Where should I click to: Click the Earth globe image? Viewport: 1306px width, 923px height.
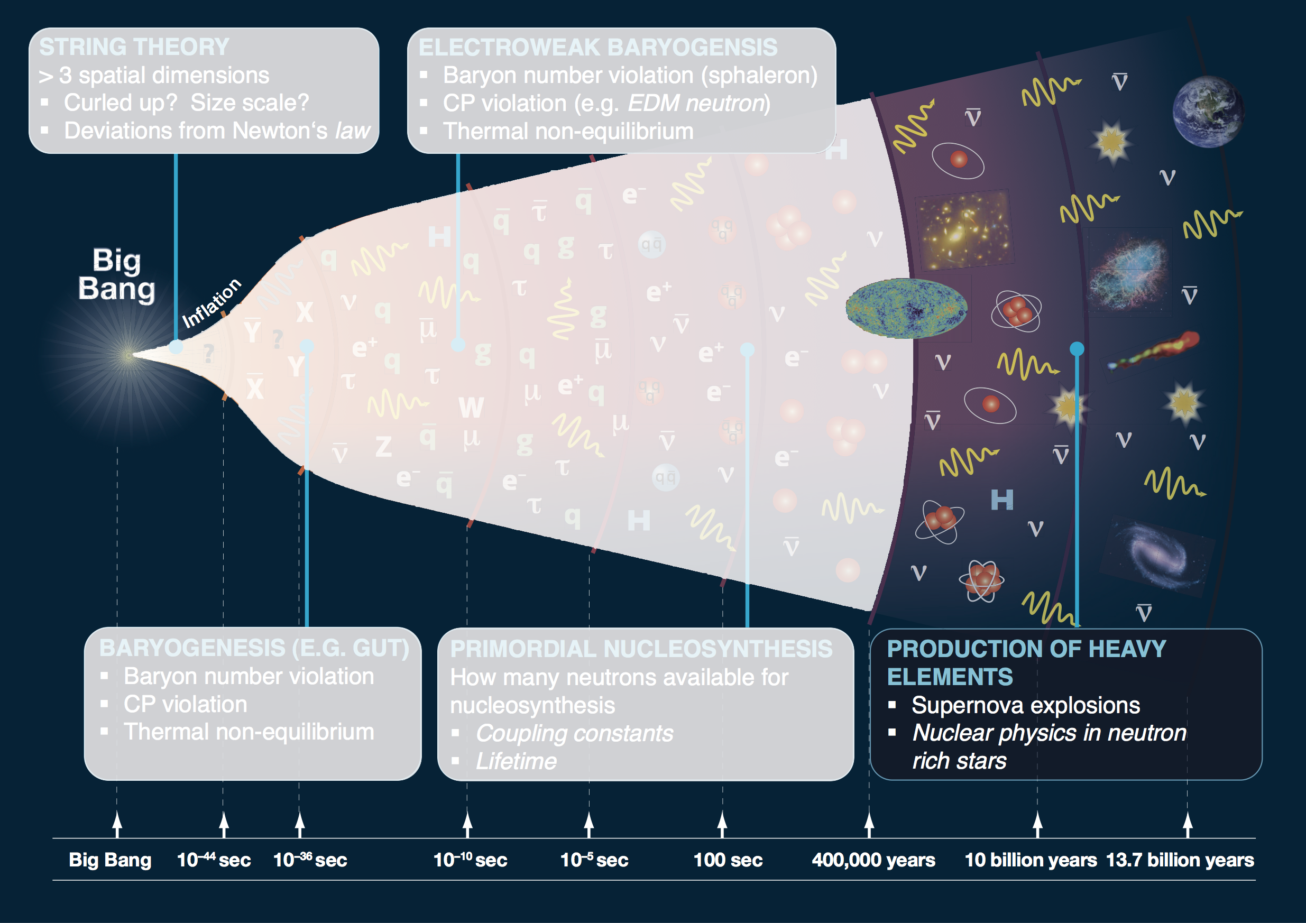tap(1208, 112)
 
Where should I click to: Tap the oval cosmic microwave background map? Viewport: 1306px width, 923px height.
tap(906, 308)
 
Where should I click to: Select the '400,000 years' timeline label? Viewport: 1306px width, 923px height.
tap(873, 860)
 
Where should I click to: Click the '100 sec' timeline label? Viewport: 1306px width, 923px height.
tap(728, 860)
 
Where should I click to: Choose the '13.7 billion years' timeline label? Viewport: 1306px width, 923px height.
tap(1180, 860)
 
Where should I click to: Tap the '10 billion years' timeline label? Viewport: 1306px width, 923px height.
tap(1031, 860)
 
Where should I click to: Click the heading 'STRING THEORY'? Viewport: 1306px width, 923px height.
tap(134, 47)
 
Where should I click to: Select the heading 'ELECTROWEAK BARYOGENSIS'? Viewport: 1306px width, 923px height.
tap(598, 47)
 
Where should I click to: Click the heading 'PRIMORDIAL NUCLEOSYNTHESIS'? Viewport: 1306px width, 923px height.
tap(641, 649)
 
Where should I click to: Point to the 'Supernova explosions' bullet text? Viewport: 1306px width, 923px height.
tap(1026, 705)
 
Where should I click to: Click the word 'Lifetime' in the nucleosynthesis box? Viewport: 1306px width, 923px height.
tap(516, 761)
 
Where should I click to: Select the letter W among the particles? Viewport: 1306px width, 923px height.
tap(471, 407)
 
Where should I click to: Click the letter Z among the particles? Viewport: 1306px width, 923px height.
tap(383, 447)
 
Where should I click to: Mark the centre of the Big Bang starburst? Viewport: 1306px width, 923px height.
tap(130, 355)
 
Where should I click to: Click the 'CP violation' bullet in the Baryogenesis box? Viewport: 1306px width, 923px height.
tap(186, 704)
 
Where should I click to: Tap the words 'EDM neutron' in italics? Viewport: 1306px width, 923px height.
tap(696, 104)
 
